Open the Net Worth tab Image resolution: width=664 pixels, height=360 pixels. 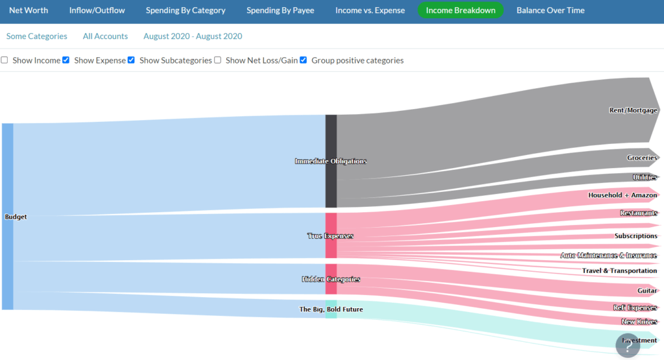click(29, 10)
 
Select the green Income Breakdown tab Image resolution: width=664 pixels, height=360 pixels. click(460, 10)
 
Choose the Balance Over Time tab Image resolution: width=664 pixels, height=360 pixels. click(550, 10)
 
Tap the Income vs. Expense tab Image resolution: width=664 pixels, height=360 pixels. click(370, 10)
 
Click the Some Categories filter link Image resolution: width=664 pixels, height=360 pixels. click(36, 36)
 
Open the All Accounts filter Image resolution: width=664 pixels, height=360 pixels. click(105, 36)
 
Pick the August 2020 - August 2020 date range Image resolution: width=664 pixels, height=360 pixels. click(193, 36)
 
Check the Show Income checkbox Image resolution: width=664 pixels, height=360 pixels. click(5, 60)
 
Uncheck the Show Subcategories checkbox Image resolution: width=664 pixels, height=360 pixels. click(132, 60)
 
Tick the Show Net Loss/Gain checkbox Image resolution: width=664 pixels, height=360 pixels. click(218, 60)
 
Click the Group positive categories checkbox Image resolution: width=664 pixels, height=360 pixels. click(303, 60)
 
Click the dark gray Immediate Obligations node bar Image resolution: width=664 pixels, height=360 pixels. click(331, 161)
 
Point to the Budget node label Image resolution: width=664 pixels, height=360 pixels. click(16, 217)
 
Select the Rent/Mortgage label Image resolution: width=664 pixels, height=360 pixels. click(633, 110)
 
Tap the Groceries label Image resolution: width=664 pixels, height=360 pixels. click(642, 158)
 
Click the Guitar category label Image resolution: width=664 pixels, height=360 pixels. click(646, 291)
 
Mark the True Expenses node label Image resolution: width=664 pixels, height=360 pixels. click(330, 236)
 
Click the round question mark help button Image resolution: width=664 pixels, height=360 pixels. click(628, 345)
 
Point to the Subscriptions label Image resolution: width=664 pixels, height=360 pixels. click(635, 236)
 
